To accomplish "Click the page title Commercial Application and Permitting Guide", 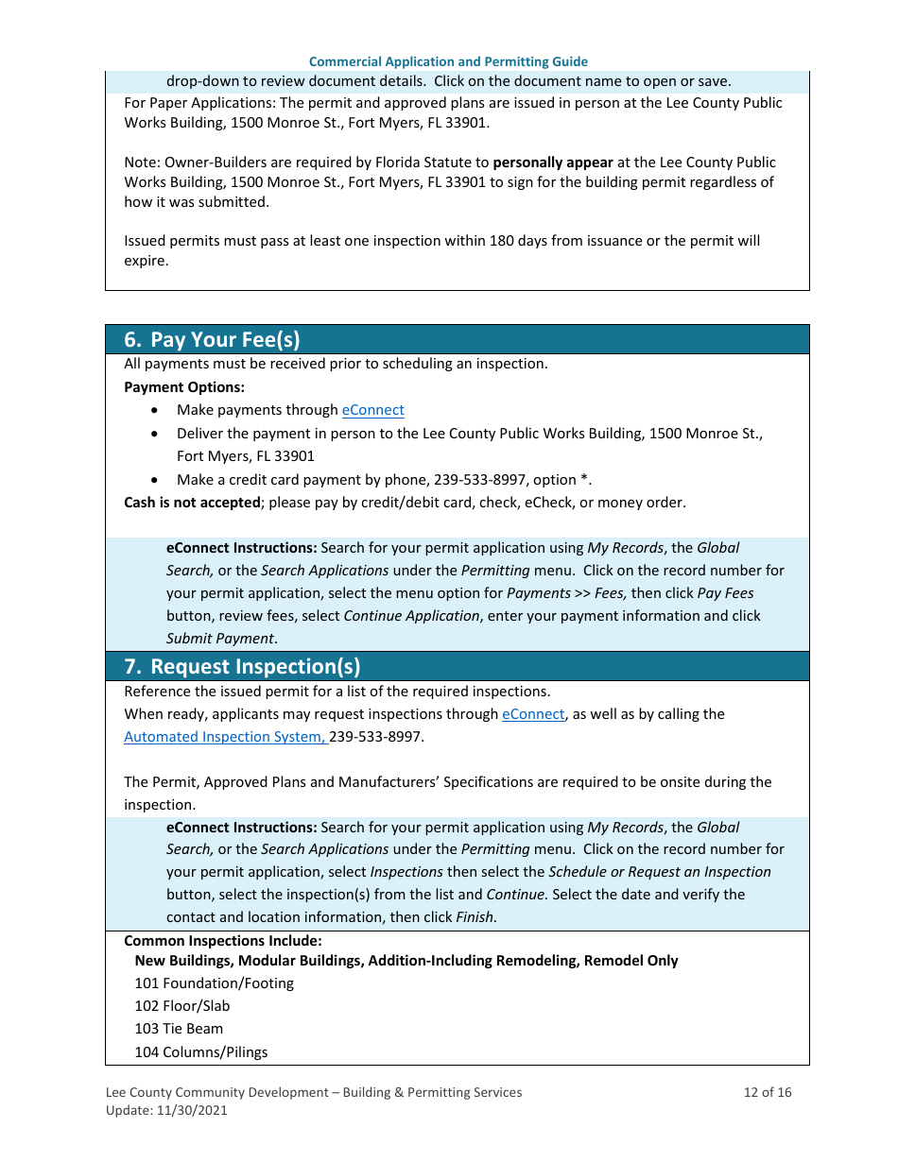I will click(448, 61).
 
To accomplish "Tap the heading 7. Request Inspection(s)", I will click(242, 666).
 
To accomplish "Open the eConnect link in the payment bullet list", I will click(372, 410).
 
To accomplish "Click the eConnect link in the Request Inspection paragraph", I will click(533, 714).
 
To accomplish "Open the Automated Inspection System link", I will click(225, 737).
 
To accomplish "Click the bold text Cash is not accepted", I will click(192, 503).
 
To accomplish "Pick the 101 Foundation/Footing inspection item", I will click(214, 983).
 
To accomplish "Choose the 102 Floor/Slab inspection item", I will click(181, 1006).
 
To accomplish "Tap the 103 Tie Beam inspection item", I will click(179, 1029).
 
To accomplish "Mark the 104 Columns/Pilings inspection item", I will click(200, 1052).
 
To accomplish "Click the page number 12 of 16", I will click(768, 1092).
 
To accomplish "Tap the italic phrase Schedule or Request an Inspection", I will click(659, 872).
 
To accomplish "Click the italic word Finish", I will click(475, 917).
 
